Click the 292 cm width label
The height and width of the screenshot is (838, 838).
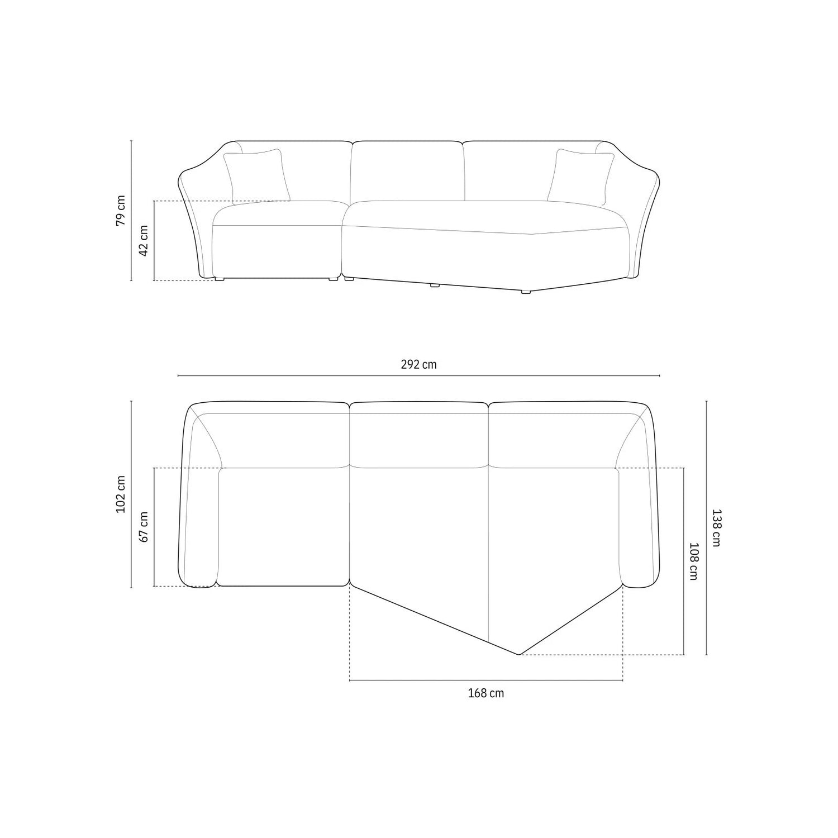(x=418, y=365)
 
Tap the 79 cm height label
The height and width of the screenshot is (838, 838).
(x=121, y=211)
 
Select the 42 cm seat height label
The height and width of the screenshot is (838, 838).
(x=144, y=241)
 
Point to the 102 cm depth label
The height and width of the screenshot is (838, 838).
(x=121, y=495)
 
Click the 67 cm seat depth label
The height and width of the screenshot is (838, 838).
(x=144, y=527)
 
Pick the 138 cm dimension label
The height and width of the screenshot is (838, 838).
(x=716, y=527)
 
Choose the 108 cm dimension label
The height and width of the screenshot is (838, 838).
(x=693, y=561)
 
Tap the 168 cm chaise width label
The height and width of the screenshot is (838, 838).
(x=485, y=693)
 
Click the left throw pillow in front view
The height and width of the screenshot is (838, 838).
(x=256, y=175)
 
